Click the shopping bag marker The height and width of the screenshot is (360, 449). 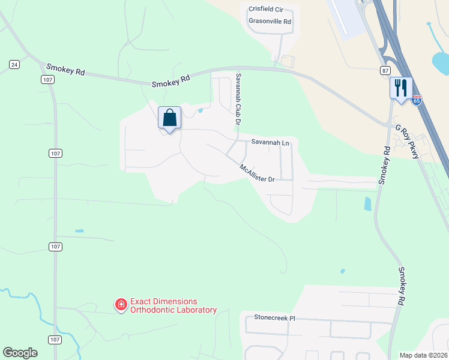point(169,117)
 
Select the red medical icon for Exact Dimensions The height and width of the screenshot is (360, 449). point(121,305)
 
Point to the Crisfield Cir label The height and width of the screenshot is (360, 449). point(270,9)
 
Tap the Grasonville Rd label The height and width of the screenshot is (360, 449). point(270,21)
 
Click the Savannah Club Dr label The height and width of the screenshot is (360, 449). point(238,99)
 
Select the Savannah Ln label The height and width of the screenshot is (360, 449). point(270,143)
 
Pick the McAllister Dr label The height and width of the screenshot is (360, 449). point(256,174)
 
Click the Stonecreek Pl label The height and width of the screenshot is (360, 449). point(275,317)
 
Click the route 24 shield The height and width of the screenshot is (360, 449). point(14,64)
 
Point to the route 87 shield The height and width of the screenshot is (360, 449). point(385,70)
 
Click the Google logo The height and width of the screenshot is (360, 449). point(20,353)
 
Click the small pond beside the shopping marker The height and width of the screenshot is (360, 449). point(200,110)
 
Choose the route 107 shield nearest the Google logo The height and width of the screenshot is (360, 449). point(55,340)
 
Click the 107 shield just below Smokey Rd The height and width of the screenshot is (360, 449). point(48,79)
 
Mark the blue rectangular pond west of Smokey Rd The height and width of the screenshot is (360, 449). point(367,204)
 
